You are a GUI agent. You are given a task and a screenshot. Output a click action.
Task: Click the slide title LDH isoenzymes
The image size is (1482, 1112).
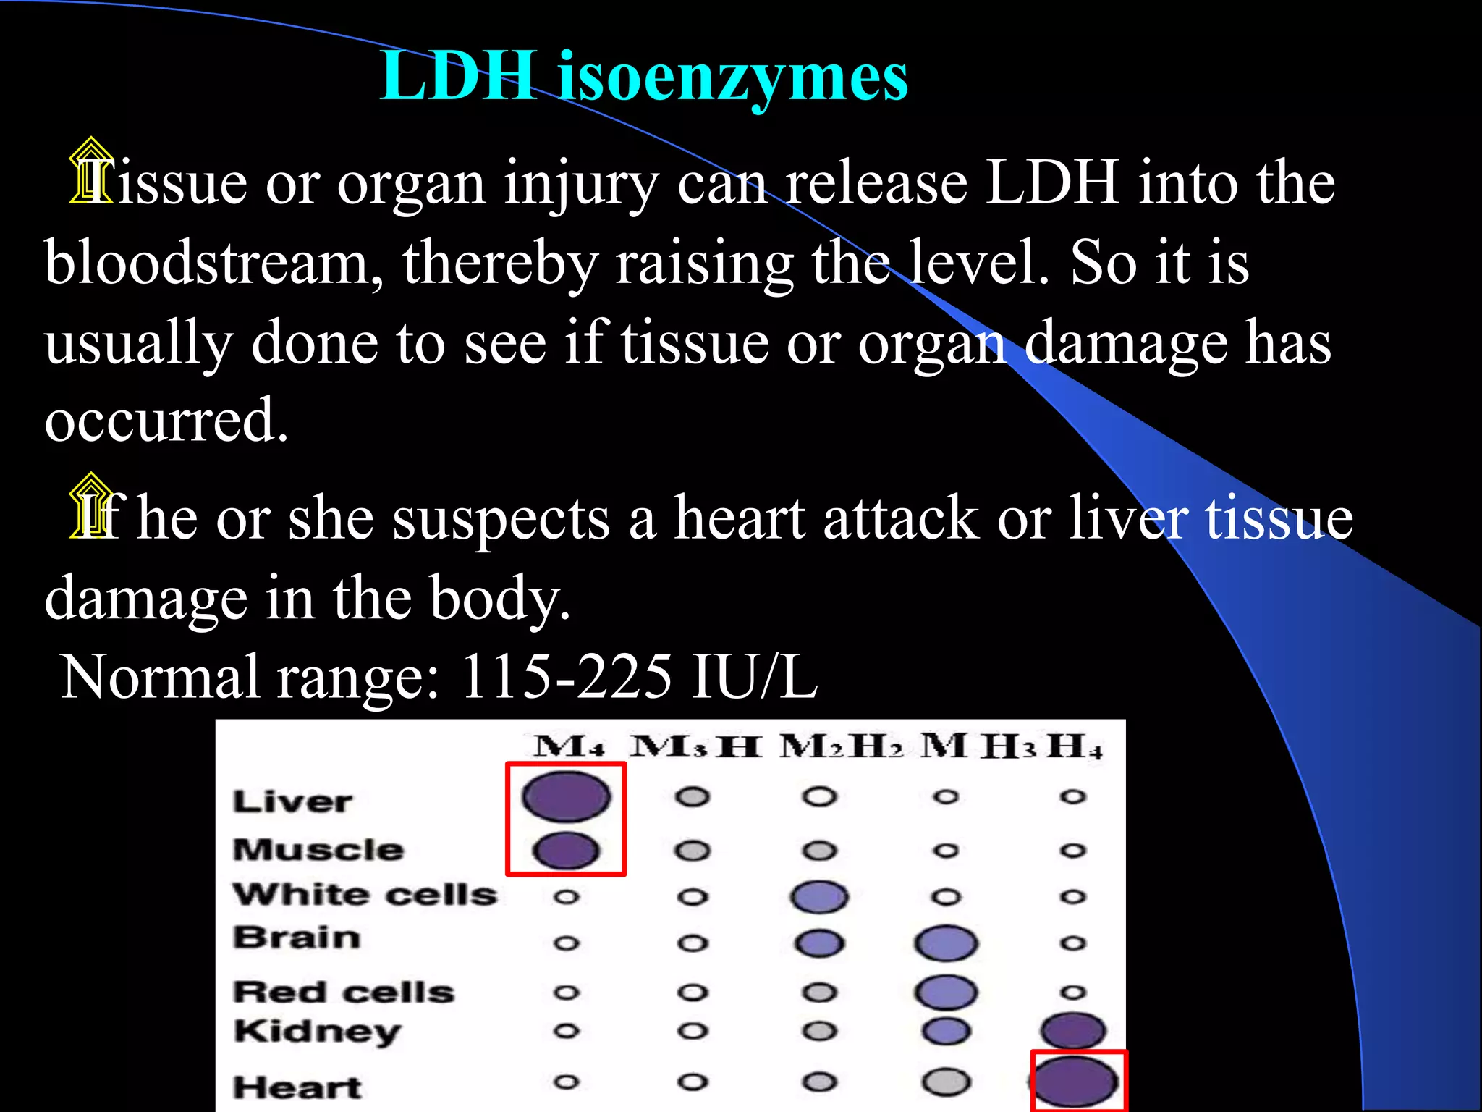click(x=644, y=77)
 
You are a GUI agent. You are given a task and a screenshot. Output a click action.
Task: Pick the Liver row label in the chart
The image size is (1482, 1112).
click(x=292, y=801)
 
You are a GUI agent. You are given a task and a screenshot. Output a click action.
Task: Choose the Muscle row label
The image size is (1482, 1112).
click(x=318, y=850)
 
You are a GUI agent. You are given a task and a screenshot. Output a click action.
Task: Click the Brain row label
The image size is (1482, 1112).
click(x=297, y=938)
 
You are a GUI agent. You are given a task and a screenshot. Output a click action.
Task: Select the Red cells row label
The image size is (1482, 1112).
click(x=344, y=992)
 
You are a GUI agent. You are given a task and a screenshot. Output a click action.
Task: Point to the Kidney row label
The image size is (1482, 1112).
click(x=317, y=1031)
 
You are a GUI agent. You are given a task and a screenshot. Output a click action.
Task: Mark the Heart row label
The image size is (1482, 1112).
click(x=297, y=1087)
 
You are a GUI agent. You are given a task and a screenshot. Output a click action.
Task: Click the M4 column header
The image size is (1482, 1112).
click(x=569, y=746)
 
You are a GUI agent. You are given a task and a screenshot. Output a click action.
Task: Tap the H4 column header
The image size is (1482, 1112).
click(x=1075, y=746)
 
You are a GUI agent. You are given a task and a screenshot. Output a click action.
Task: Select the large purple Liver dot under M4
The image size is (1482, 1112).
click(x=566, y=796)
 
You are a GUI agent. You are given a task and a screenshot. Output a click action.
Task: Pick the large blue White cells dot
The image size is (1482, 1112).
click(x=819, y=896)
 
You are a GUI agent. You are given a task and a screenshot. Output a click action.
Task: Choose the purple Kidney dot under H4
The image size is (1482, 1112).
click(x=1073, y=1031)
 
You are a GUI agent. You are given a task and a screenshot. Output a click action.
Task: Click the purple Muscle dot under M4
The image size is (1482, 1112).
click(x=566, y=850)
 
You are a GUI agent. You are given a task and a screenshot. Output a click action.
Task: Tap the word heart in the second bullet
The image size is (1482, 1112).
click(x=739, y=518)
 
